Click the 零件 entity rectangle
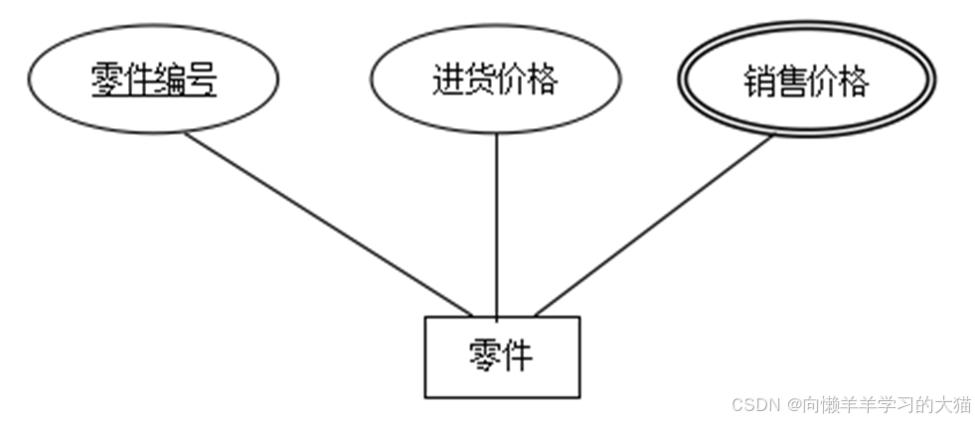501,355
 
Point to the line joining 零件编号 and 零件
328,224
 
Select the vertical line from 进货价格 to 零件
496,224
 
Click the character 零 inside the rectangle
485,354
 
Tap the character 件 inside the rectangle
517,354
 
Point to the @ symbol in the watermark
795,405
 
